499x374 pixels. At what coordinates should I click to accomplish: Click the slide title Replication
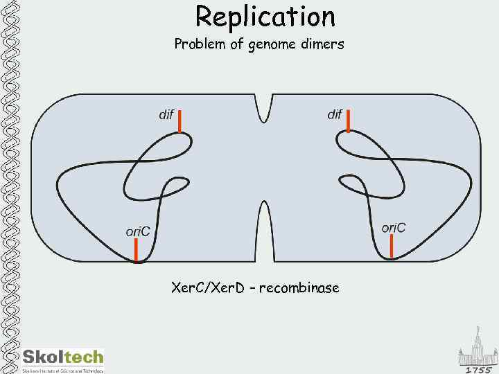[x=265, y=16]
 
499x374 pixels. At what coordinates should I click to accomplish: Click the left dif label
[x=166, y=114]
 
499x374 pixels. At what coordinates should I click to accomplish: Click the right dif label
[x=335, y=114]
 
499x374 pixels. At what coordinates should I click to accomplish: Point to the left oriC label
[x=138, y=231]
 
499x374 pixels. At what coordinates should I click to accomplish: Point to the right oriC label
[x=394, y=227]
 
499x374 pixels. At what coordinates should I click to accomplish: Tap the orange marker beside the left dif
[x=180, y=121]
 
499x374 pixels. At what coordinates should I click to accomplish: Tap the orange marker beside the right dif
[x=348, y=120]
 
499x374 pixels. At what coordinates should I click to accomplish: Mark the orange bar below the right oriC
[x=392, y=246]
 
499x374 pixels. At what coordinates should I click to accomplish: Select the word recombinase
[x=299, y=287]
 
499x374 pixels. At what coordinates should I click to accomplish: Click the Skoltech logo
[x=63, y=357]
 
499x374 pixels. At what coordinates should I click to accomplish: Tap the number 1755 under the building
[x=479, y=369]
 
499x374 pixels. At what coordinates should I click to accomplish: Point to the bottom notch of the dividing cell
[x=264, y=229]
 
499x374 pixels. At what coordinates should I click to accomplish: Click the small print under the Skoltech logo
[x=63, y=371]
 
